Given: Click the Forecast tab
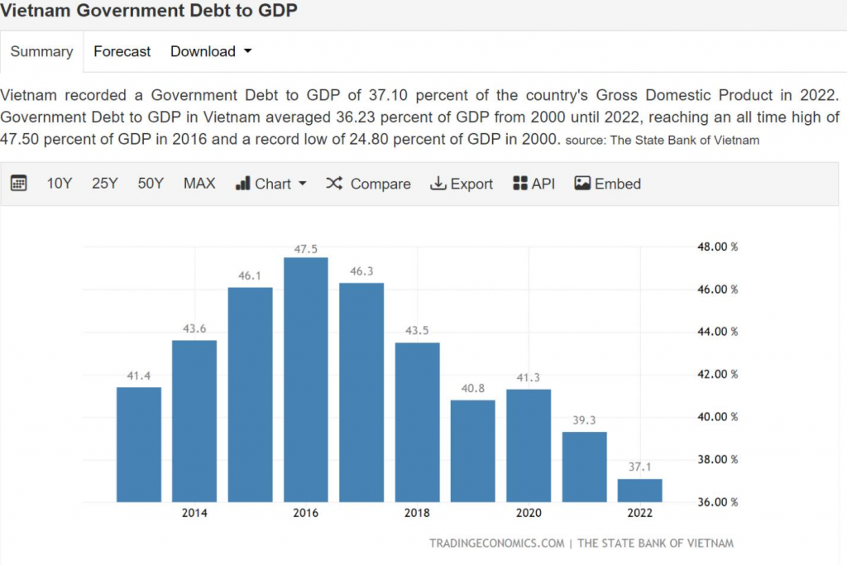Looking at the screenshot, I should (122, 51).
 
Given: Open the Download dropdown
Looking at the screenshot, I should (210, 51).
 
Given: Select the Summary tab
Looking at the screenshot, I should (41, 51).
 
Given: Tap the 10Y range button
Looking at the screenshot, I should (60, 184).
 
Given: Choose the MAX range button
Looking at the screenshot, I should (199, 184).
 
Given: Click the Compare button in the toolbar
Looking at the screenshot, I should (369, 184).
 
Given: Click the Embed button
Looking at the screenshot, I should (608, 184).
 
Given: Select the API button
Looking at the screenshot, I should (534, 184).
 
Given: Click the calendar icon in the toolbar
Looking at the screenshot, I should (19, 184).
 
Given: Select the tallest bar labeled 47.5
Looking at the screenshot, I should (305, 381).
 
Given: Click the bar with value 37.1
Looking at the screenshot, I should (639, 491).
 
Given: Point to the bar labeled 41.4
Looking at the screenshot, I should (139, 444).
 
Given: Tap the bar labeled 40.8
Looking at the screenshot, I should (472, 451).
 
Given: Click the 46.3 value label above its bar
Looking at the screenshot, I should (361, 271).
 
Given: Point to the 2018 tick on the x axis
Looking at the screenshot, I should (417, 513).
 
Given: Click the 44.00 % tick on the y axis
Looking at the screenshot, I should (715, 332).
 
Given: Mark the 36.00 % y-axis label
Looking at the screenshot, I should (715, 502).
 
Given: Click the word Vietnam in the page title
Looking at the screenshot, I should (34, 11).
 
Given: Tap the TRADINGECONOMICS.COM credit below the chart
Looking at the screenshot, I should (496, 543).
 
